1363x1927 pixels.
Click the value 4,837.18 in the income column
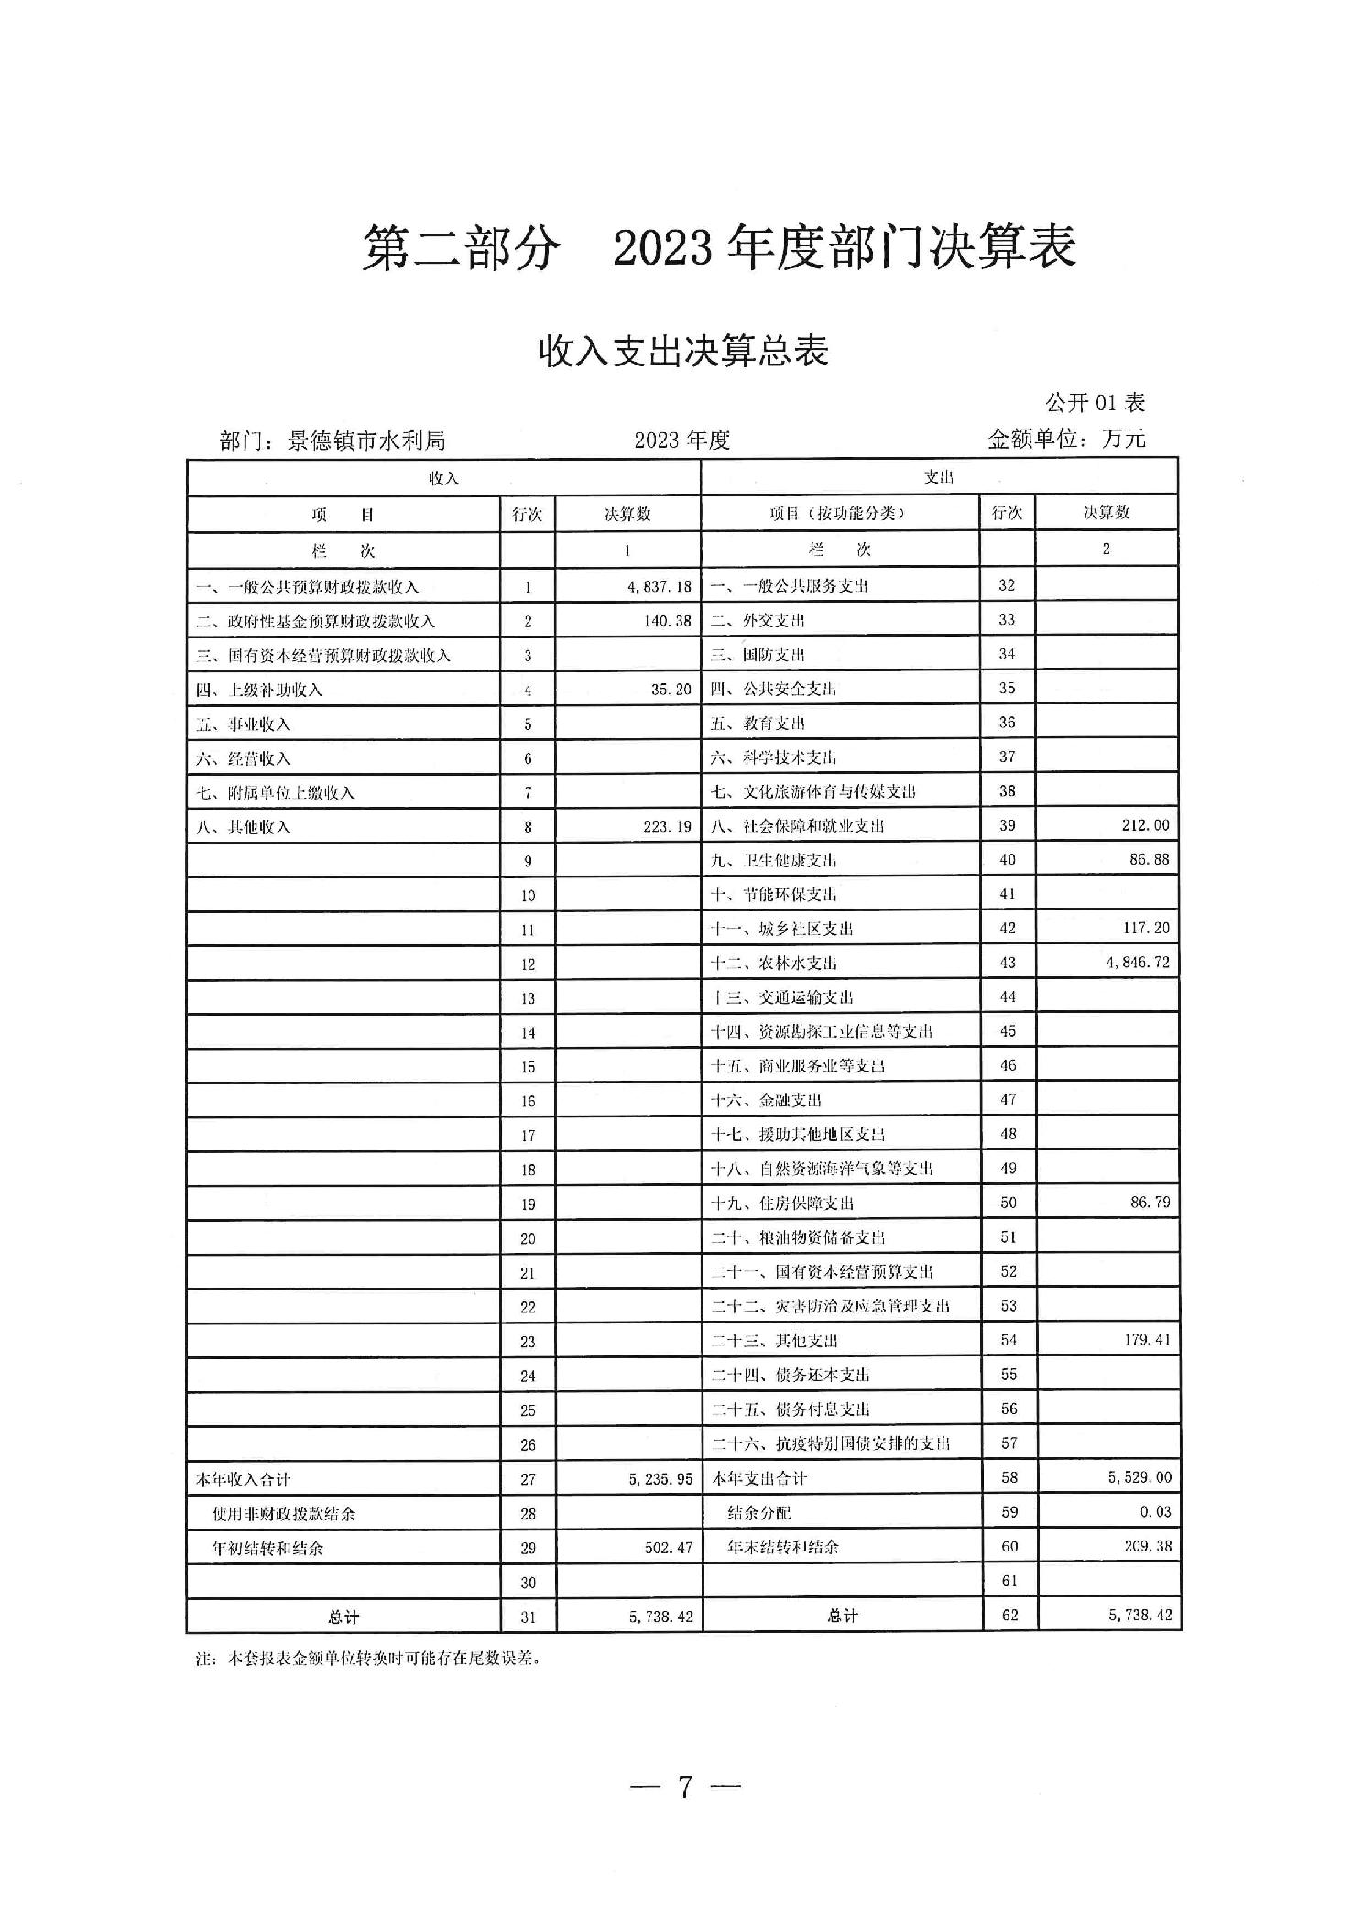point(659,587)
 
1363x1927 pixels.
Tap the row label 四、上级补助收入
point(259,690)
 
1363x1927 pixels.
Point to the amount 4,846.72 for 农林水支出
point(1137,963)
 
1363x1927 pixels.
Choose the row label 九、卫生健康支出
point(773,860)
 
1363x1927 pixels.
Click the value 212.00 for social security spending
point(1145,825)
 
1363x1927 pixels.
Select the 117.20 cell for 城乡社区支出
point(1145,928)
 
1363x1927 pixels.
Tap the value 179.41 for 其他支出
point(1146,1340)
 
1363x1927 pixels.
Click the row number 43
point(1008,963)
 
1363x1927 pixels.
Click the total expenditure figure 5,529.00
point(1139,1477)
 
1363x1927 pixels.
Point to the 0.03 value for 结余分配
point(1155,1512)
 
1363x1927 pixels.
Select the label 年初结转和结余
point(267,1549)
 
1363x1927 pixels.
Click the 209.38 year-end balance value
point(1147,1546)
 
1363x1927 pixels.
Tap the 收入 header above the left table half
point(444,478)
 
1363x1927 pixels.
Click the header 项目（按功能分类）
point(837,513)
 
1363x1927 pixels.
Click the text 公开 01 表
point(1095,402)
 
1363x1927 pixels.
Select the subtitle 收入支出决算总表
point(682,352)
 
